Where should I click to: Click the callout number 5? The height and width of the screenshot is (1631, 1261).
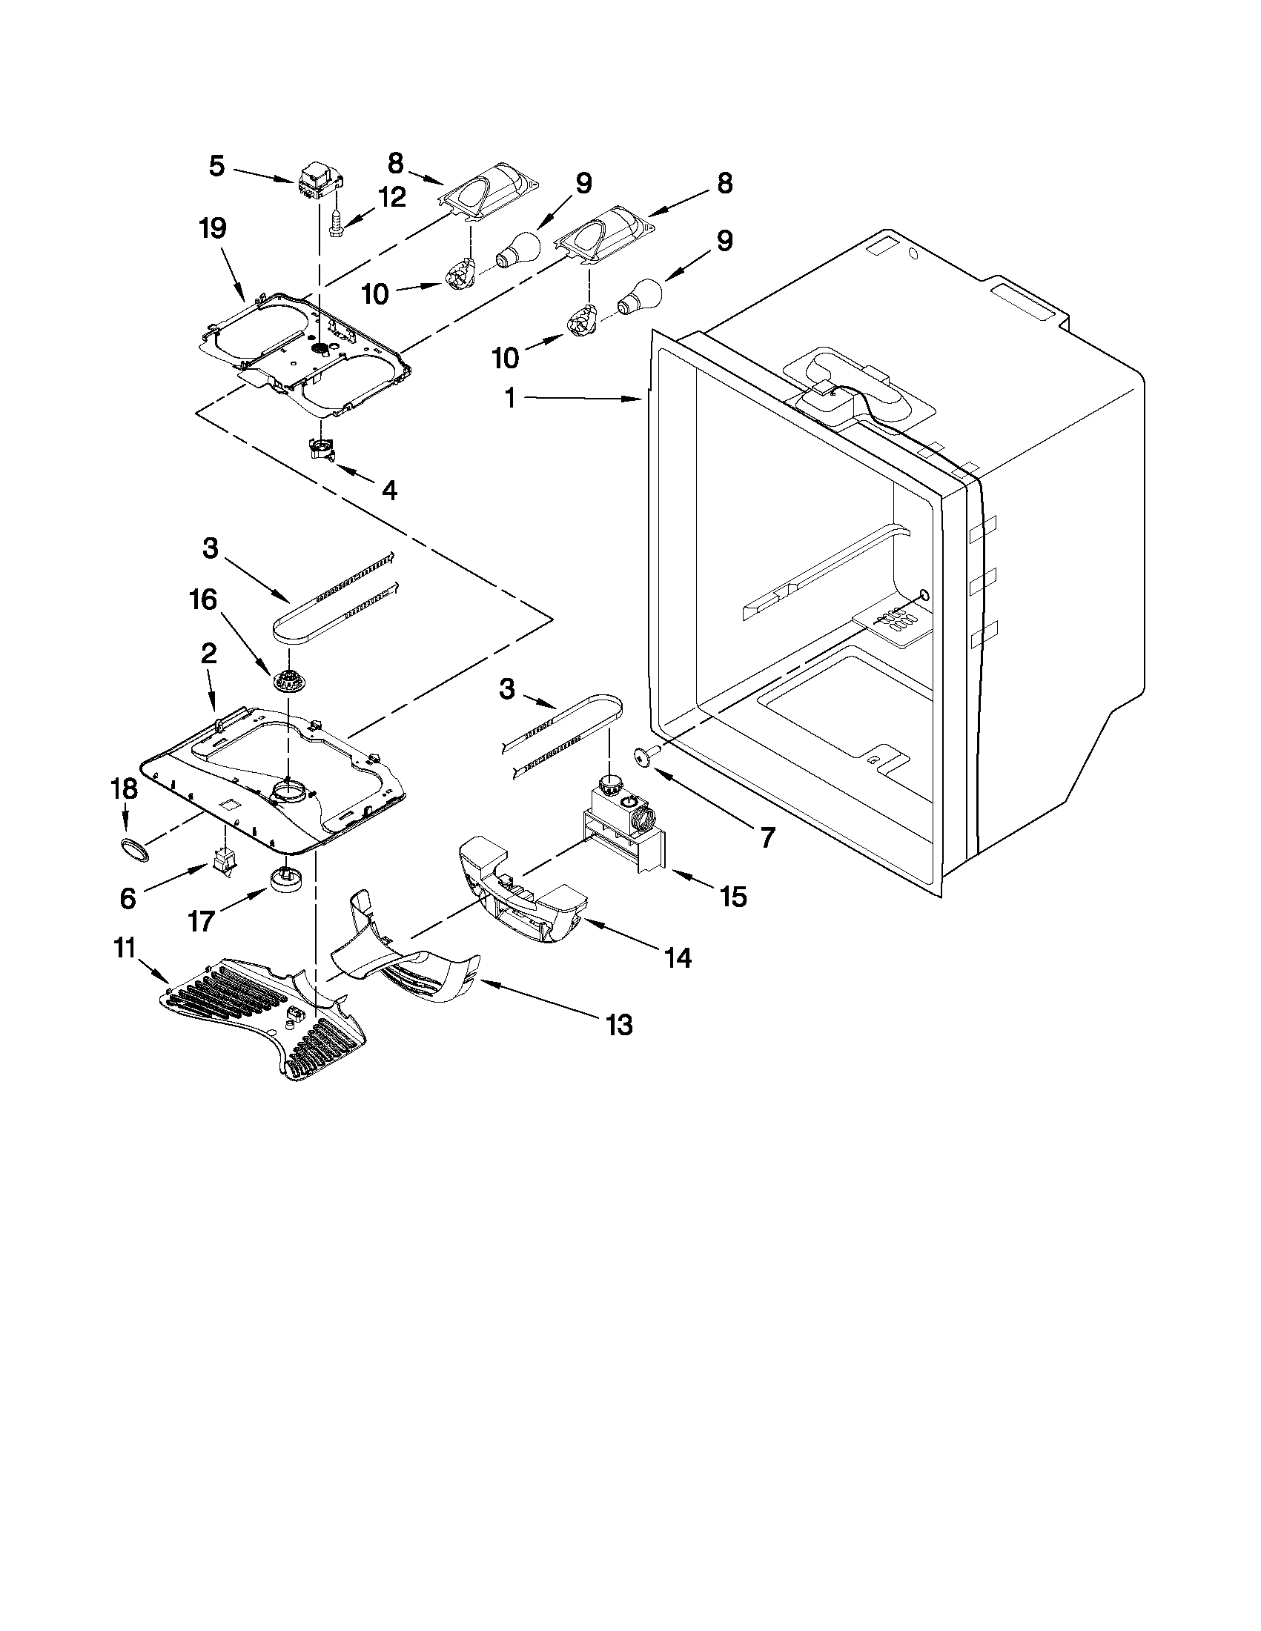pyautogui.click(x=216, y=166)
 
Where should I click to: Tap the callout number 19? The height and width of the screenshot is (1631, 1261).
pyautogui.click(x=213, y=228)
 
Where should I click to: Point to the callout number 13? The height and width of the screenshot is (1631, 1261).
pyautogui.click(x=619, y=1024)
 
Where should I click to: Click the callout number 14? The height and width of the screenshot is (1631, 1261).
pyautogui.click(x=678, y=957)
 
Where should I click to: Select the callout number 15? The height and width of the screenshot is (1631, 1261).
pyautogui.click(x=733, y=896)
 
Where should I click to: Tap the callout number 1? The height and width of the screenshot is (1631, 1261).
pyautogui.click(x=509, y=399)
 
